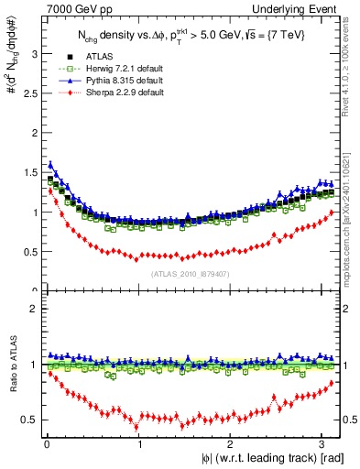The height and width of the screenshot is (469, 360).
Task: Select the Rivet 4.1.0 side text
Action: (352, 73)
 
